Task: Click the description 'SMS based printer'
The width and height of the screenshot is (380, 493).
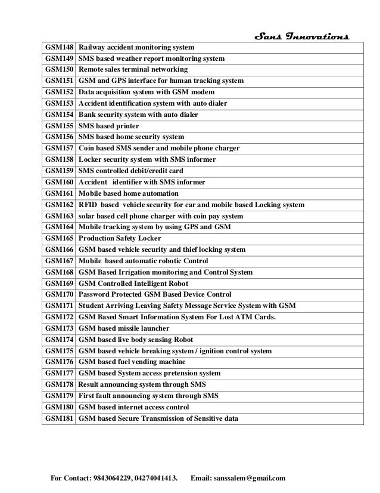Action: (x=109, y=126)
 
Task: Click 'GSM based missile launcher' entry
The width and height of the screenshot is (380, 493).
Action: (x=124, y=328)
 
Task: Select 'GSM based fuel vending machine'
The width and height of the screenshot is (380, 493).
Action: (x=132, y=362)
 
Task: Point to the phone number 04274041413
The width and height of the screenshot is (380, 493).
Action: (x=157, y=477)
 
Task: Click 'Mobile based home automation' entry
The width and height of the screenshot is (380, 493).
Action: (x=129, y=193)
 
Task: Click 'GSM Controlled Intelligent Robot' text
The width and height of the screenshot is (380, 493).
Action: (x=134, y=284)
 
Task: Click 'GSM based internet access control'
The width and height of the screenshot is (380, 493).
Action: (x=134, y=407)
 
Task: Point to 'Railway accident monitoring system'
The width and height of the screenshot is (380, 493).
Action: (x=136, y=48)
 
